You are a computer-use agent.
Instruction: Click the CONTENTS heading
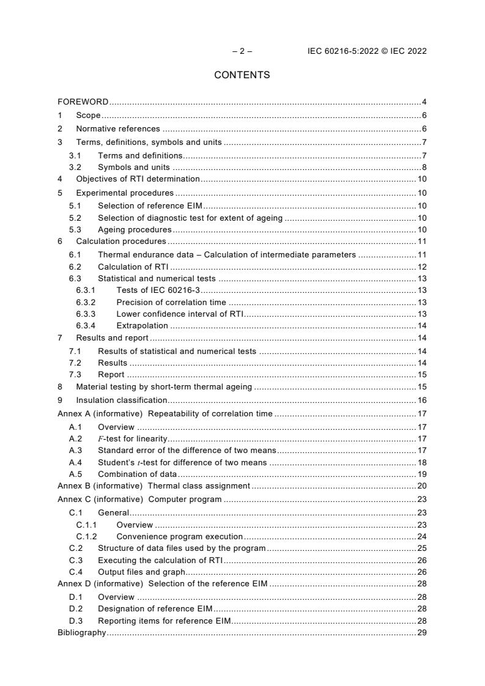point(242,75)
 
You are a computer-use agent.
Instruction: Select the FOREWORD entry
point(83,101)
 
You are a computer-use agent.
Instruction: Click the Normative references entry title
point(117,128)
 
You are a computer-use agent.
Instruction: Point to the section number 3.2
point(75,167)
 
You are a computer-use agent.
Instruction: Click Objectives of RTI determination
point(138,179)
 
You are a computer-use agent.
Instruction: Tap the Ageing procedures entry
point(135,229)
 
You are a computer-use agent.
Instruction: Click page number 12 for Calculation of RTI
point(421,267)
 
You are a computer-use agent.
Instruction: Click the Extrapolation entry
point(142,326)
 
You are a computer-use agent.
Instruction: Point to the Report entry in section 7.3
point(111,374)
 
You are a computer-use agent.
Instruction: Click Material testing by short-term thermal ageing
point(164,386)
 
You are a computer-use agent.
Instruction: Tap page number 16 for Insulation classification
point(421,400)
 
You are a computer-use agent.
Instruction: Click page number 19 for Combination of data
point(421,474)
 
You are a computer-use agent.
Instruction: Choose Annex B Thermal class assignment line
point(154,485)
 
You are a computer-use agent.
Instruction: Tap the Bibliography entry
point(81,633)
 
